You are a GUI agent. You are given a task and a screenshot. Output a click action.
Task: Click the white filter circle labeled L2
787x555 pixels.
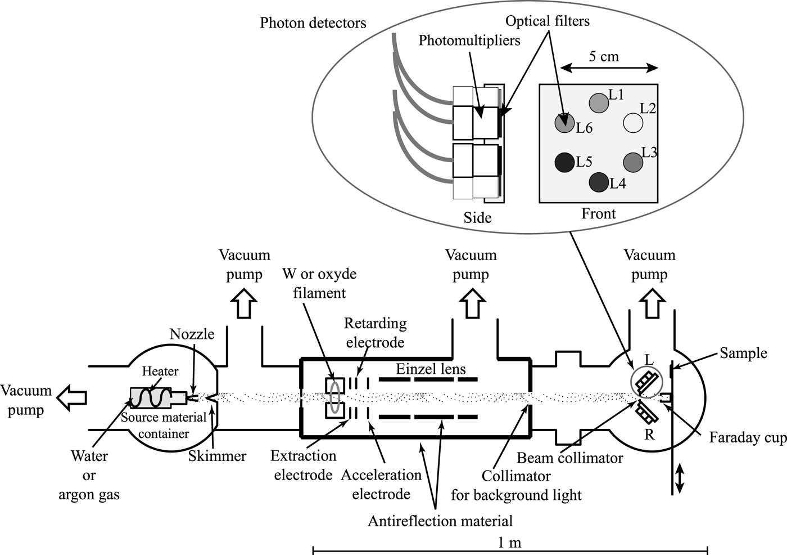pyautogui.click(x=633, y=123)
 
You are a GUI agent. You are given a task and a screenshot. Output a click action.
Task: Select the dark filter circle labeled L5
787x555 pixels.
pyautogui.click(x=564, y=163)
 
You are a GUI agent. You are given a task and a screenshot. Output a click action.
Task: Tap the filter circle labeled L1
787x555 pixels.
pyautogui.click(x=599, y=102)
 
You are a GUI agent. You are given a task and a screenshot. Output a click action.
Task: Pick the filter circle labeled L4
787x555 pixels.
pyautogui.click(x=599, y=182)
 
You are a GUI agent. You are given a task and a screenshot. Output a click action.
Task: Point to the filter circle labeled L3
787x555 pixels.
pyautogui.click(x=633, y=162)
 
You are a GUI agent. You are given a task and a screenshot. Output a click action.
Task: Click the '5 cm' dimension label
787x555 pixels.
pyautogui.click(x=604, y=56)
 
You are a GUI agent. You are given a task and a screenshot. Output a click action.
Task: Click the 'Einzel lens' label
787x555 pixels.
pyautogui.click(x=431, y=369)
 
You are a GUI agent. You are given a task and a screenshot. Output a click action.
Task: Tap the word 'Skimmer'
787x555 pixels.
pyautogui.click(x=217, y=456)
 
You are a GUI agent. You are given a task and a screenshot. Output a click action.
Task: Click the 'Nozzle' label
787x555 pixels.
pyautogui.click(x=192, y=334)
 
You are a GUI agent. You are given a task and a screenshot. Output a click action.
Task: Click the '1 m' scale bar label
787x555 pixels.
pyautogui.click(x=509, y=543)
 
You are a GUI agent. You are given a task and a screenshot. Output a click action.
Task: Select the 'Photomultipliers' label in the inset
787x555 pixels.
pyautogui.click(x=469, y=41)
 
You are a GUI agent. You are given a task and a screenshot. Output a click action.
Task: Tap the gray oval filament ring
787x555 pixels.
pyautogui.click(x=335, y=398)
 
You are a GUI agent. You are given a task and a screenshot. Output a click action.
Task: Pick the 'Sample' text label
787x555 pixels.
pyautogui.click(x=743, y=353)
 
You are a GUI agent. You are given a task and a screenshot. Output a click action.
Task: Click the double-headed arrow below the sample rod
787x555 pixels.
pyautogui.click(x=679, y=478)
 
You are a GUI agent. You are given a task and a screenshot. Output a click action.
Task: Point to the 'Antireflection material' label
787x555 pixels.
pyautogui.click(x=440, y=521)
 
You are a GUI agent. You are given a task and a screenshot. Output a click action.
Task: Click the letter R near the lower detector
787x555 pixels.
pyautogui.click(x=649, y=435)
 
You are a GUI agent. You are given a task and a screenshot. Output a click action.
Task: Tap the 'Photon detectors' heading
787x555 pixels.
pyautogui.click(x=313, y=23)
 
